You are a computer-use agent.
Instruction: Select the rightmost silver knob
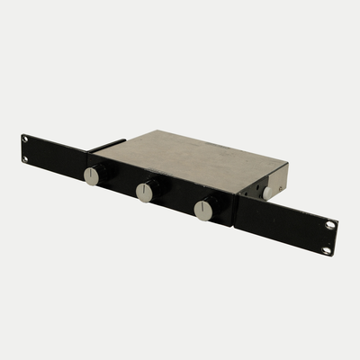click(x=203, y=210)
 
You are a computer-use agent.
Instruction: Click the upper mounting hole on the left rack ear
click(x=26, y=139)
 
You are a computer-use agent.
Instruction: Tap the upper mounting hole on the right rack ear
click(x=330, y=224)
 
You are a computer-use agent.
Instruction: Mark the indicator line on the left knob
click(x=92, y=172)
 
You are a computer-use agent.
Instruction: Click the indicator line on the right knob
click(x=203, y=205)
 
